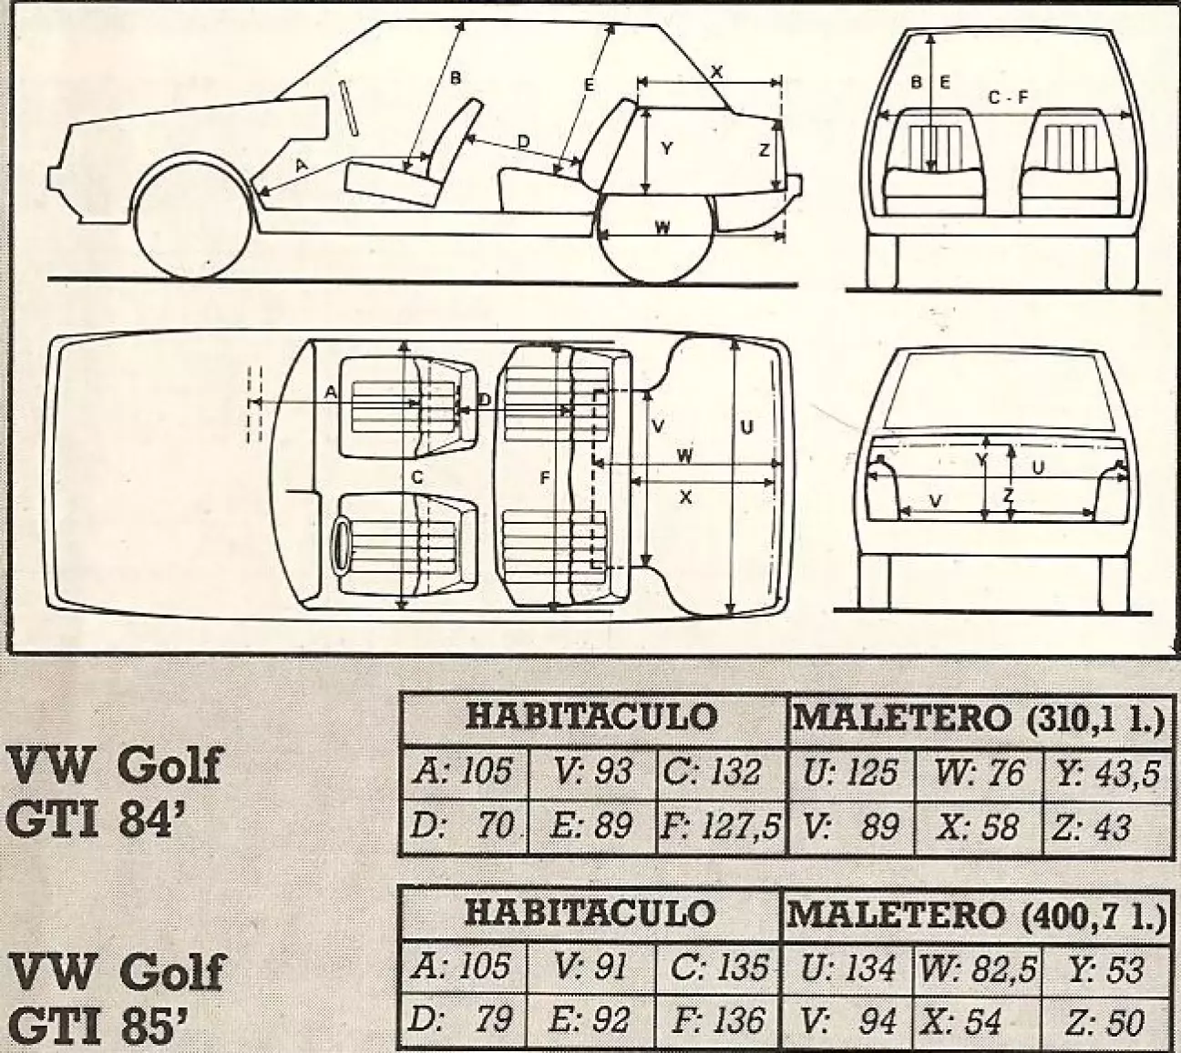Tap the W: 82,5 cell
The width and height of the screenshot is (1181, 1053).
(x=977, y=968)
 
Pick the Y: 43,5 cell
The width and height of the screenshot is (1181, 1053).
(x=1107, y=772)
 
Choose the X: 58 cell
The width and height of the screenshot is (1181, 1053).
(x=977, y=827)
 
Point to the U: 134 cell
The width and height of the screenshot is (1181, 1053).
(x=849, y=968)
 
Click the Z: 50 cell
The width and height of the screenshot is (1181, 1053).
(x=1104, y=1022)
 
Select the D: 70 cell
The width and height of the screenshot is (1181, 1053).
(x=464, y=827)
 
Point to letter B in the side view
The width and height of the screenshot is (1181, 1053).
(x=457, y=78)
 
